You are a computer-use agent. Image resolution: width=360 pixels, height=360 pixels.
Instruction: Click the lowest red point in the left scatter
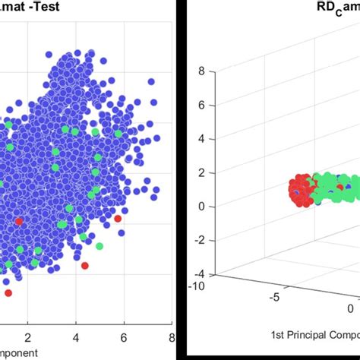(8, 292)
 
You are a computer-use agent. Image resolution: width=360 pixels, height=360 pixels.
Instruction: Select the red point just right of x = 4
(84, 266)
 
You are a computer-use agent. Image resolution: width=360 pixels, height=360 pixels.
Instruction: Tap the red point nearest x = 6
(118, 219)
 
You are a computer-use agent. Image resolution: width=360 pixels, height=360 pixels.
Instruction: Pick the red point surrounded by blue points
(19, 221)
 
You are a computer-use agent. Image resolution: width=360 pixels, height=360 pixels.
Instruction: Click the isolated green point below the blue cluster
(99, 246)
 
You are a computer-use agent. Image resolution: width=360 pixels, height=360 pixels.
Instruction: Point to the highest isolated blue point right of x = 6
(151, 81)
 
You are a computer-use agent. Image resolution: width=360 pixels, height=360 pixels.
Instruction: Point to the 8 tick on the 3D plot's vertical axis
(201, 72)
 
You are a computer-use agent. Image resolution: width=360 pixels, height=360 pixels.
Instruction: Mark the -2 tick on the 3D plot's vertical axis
(200, 239)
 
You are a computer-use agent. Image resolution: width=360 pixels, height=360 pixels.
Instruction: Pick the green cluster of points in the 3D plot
(334, 190)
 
